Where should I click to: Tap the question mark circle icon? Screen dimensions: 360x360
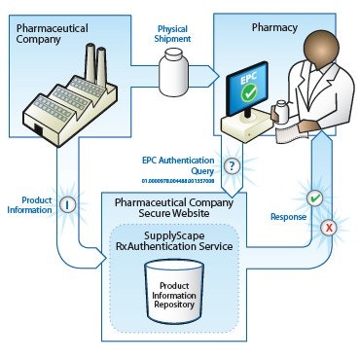click(x=232, y=164)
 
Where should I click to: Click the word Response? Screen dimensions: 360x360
click(x=289, y=217)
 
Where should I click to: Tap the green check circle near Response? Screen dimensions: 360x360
click(x=314, y=198)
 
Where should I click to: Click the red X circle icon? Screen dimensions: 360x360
click(x=329, y=228)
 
